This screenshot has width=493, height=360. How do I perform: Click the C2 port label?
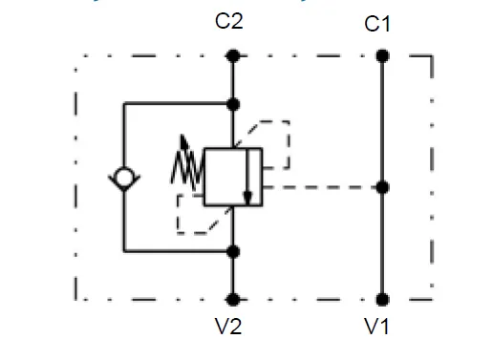coord(229,20)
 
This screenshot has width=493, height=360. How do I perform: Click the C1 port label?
coord(378,24)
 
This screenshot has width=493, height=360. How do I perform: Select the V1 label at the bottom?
coord(378,328)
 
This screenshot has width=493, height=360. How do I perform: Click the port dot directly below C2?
coord(231,56)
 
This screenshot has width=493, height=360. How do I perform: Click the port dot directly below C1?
coord(381,56)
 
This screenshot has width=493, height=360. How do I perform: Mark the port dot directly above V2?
coord(231,299)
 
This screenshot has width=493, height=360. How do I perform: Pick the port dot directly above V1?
coord(381,299)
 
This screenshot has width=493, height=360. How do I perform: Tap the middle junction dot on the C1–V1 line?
coord(381,187)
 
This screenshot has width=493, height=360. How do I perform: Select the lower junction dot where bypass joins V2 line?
coord(231,251)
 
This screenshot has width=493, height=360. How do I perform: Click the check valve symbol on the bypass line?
coord(124,178)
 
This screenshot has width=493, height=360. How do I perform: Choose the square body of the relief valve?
coord(232,176)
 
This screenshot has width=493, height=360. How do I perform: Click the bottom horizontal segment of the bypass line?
coord(177,251)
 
